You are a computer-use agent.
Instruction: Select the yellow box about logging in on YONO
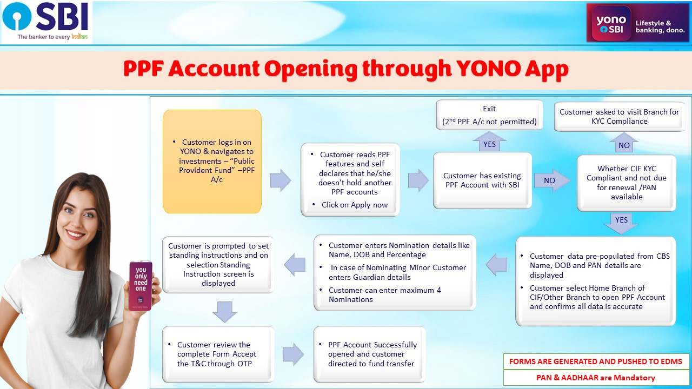(x=212, y=161)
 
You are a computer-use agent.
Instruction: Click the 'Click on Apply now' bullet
(x=355, y=205)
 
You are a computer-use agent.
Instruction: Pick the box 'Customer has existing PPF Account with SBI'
(x=482, y=180)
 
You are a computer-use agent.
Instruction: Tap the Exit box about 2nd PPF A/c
(x=489, y=115)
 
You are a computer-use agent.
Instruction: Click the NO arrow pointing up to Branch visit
(x=624, y=144)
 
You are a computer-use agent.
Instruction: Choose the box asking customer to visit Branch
(x=619, y=116)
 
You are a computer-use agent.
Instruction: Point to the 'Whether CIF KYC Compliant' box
(x=627, y=183)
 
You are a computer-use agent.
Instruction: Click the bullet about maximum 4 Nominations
(x=385, y=294)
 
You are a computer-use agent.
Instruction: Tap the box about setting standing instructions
(x=218, y=265)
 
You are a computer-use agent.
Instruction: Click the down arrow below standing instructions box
(x=225, y=312)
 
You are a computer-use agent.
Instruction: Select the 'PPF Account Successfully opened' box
(x=370, y=354)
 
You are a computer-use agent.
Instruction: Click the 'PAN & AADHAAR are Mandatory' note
(x=596, y=378)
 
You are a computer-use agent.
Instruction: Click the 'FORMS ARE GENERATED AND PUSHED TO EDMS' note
(x=596, y=361)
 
